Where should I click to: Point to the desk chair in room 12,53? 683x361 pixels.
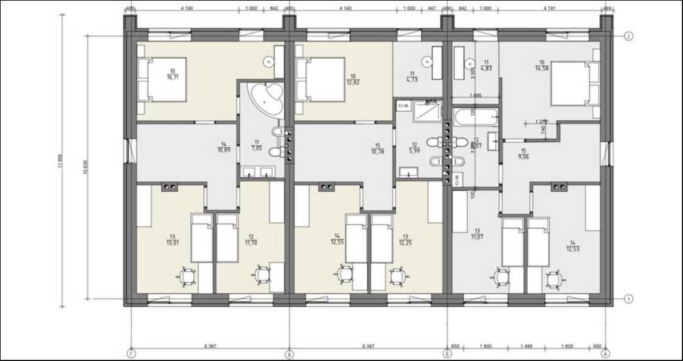click(x=555, y=279)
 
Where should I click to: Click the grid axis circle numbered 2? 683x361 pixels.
click(x=629, y=36)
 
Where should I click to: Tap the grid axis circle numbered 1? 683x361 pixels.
click(x=629, y=299)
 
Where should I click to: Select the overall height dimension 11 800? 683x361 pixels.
click(x=61, y=159)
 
